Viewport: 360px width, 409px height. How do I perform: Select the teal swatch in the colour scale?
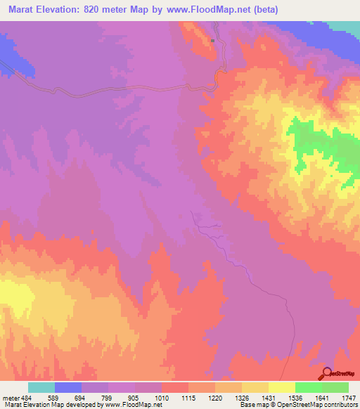[41, 387]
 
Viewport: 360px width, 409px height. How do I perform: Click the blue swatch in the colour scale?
[68, 387]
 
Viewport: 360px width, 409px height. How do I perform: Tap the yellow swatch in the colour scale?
[282, 387]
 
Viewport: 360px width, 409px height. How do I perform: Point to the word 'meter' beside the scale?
[10, 397]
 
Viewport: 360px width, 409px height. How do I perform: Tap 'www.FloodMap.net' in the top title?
[211, 10]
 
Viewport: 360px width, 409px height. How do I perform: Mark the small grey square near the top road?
[212, 40]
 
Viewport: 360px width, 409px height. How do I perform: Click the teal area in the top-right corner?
[345, 26]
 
